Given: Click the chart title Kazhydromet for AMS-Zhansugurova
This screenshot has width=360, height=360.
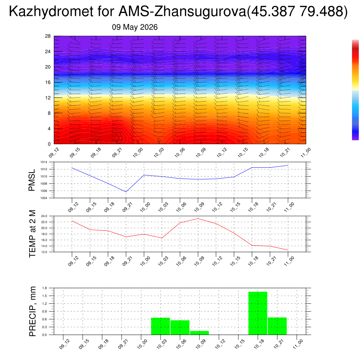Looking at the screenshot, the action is coord(127,11).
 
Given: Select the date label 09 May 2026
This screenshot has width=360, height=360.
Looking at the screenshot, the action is coord(135,27).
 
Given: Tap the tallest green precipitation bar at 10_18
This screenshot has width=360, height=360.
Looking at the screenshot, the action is coord(258,313).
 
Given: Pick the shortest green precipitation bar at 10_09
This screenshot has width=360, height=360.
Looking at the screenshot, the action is coord(199,333).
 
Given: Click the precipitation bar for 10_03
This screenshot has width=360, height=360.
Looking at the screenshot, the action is coord(160,326).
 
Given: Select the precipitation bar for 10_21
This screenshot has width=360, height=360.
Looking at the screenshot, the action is coord(277,326).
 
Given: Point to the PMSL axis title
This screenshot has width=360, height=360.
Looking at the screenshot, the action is coord(32,180).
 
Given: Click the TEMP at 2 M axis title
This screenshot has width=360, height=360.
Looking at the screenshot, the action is coord(32,234).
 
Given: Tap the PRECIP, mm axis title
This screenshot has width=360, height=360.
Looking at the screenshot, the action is coord(32,311).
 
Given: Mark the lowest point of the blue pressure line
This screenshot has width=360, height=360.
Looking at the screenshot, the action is coord(126,192).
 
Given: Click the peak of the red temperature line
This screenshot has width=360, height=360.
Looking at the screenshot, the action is coord(198,219).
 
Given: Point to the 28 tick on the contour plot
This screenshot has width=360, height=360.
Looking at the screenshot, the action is coord(48,36).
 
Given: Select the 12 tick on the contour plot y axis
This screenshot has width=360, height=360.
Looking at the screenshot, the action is coord(48,98).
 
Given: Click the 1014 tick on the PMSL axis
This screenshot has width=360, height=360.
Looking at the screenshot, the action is coord(44,162).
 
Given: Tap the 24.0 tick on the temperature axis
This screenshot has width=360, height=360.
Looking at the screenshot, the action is coord(44,216).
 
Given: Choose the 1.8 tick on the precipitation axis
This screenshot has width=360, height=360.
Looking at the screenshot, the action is coord(45,288).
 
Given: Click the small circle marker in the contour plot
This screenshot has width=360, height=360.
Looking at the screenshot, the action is coord(159,140).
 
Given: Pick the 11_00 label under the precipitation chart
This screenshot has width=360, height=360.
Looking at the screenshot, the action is coord(298,344).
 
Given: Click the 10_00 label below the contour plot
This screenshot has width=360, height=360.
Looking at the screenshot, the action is coord(138,153).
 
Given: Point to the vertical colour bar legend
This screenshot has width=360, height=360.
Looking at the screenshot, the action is coord(355,90).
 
